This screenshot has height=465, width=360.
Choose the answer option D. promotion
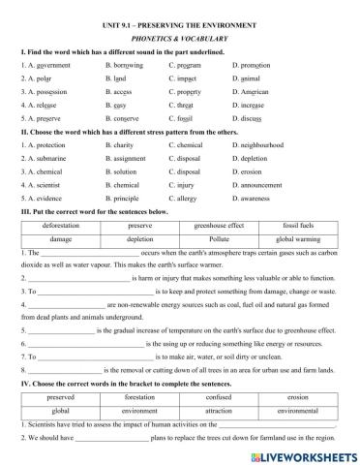coord(255,64)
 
